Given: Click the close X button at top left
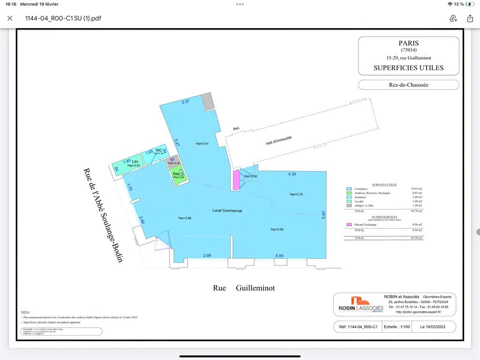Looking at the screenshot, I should pos(10,18).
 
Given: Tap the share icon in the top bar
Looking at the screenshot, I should pos(470,18).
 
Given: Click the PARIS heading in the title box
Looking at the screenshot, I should pos(408,43).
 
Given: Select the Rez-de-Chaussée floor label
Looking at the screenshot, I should pos(408,85).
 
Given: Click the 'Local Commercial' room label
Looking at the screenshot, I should pos(227,211).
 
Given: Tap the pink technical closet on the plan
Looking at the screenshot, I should pos(236,180).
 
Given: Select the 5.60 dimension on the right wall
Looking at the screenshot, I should pos(323,214).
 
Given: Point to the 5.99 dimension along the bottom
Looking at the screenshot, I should pos(279,255).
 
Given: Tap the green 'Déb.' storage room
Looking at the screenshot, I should pos(177,176).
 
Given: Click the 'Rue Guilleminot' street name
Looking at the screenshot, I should pos(244,288).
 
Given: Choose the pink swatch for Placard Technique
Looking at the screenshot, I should pos(348,225).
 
